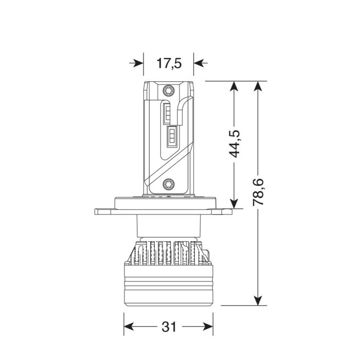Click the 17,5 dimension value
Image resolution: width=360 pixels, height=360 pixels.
[x=169, y=63]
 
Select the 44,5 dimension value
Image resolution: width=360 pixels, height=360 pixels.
[x=235, y=143]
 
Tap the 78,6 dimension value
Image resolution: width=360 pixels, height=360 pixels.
[x=258, y=192]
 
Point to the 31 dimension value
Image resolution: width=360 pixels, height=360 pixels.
[x=169, y=327]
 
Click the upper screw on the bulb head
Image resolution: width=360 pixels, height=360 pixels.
[x=169, y=91]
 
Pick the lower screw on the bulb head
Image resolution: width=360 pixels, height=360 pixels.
[x=169, y=184]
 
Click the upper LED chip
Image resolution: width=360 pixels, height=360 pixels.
[x=167, y=114]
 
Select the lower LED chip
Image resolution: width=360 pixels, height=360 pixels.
[x=172, y=136]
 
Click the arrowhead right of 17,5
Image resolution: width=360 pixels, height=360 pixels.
[x=201, y=63]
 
